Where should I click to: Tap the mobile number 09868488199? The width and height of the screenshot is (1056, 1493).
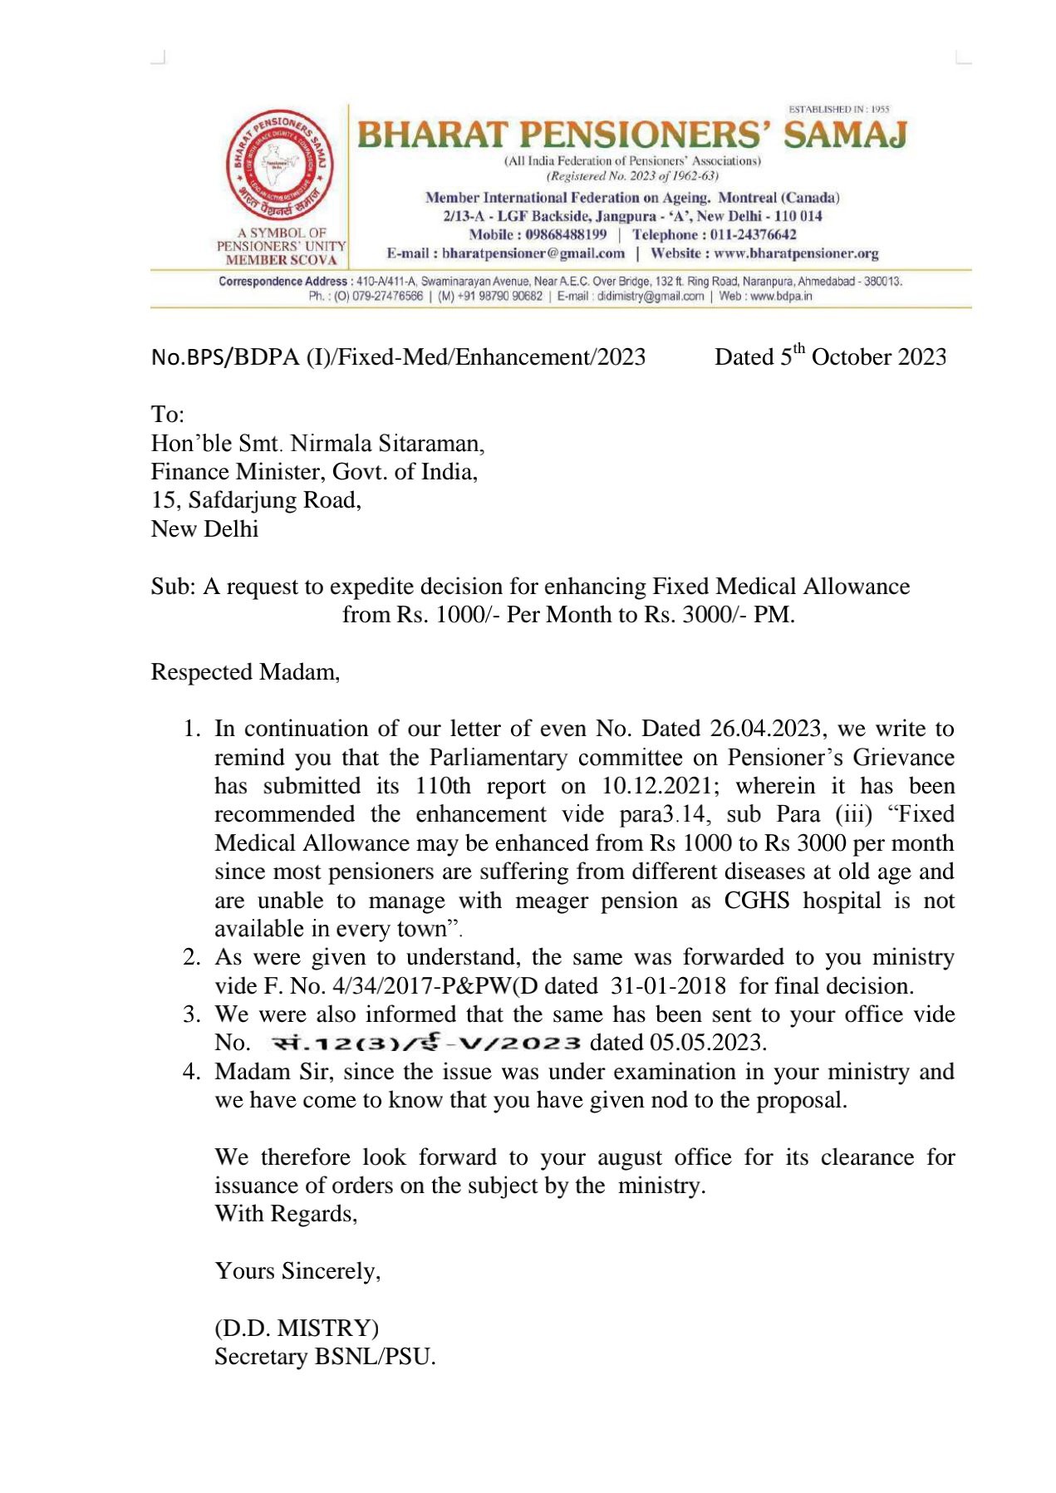(x=566, y=235)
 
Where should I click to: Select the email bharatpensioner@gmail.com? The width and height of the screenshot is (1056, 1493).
(x=533, y=253)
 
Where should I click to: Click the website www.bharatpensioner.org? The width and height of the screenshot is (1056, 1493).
(x=795, y=253)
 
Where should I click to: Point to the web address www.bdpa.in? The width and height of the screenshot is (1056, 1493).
(x=781, y=296)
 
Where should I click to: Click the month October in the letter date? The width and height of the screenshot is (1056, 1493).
(x=850, y=357)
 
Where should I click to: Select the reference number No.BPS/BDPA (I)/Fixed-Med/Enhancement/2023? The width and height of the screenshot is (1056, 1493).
(x=398, y=357)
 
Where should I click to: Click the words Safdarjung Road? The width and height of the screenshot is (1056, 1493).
(x=274, y=500)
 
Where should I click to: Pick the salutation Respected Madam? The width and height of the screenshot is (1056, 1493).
(x=244, y=672)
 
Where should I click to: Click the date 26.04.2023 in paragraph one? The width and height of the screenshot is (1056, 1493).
(x=765, y=729)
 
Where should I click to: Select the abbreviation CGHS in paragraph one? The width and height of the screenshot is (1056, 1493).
(x=756, y=901)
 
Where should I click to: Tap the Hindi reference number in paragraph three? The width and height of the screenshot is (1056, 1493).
(x=425, y=1043)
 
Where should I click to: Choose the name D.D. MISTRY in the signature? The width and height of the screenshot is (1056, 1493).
(x=297, y=1328)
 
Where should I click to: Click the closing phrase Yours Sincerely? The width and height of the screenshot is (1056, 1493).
(x=297, y=1271)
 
